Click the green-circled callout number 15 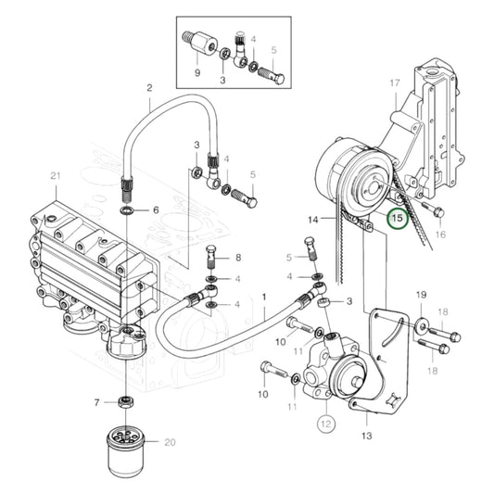(397, 220)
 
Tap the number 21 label (55, 177)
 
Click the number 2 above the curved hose (148, 89)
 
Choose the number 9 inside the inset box (196, 71)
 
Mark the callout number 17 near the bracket (394, 82)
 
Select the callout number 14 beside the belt (314, 219)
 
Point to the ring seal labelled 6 (127, 211)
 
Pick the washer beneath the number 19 (420, 324)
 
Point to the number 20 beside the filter (171, 442)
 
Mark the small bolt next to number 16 (437, 212)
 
